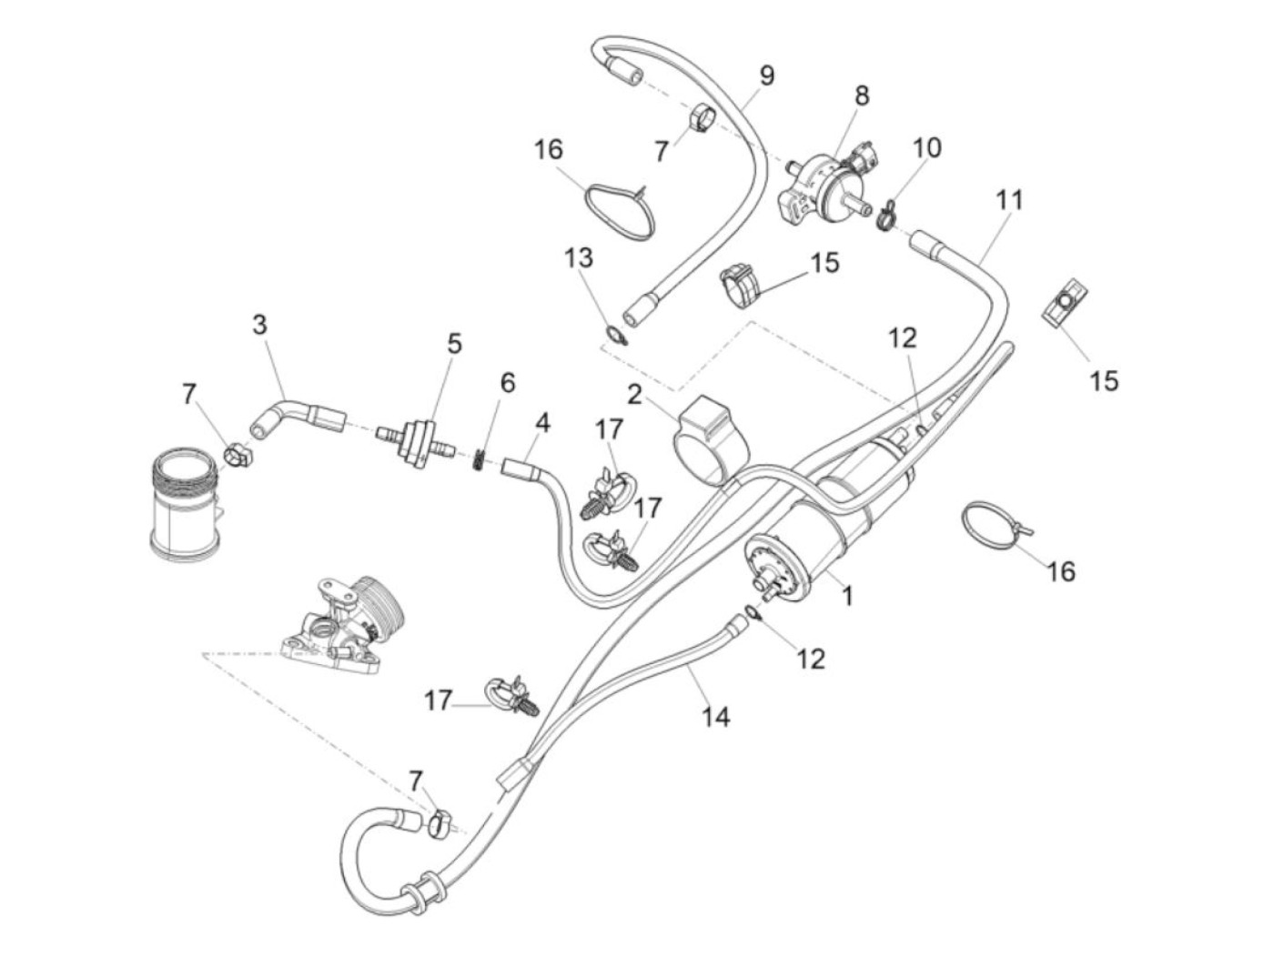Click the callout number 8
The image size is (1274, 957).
(x=861, y=95)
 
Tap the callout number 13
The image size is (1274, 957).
(x=578, y=257)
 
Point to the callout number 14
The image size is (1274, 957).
(x=715, y=717)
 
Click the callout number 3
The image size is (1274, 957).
(x=260, y=325)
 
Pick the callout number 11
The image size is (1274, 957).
(x=1008, y=199)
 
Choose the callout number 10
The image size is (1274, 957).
(x=927, y=147)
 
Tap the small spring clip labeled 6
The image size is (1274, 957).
(x=478, y=461)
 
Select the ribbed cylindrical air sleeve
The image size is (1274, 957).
(x=185, y=502)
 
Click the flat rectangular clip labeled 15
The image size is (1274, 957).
(x=1061, y=301)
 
